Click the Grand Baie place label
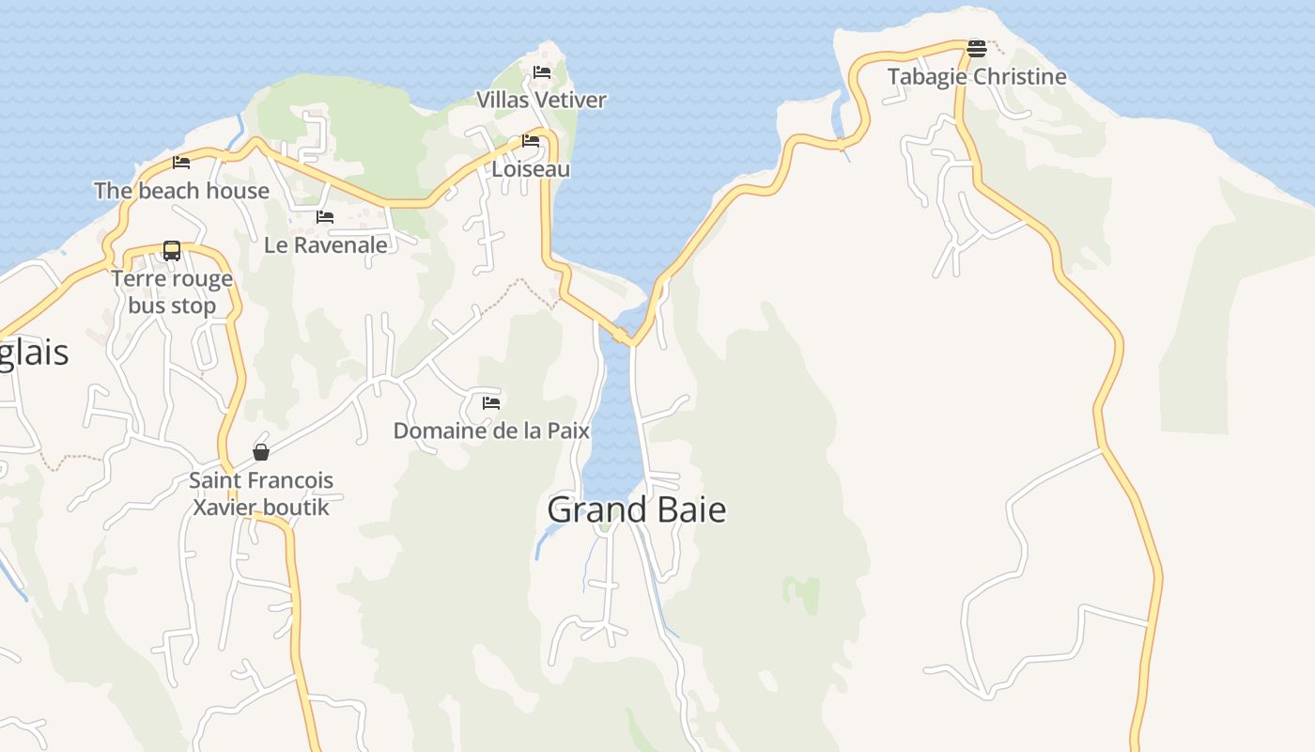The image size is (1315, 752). (636, 509)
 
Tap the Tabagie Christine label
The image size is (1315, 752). (977, 77)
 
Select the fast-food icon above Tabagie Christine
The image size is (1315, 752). (977, 49)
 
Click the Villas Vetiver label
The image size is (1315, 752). (541, 100)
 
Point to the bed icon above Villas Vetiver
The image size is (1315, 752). (542, 71)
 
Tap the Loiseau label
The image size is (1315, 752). (531, 169)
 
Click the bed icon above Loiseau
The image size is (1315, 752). (531, 141)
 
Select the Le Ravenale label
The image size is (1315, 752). (326, 245)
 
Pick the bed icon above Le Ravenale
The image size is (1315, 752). (325, 216)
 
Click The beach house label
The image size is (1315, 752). (181, 191)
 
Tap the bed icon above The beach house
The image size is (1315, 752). (181, 162)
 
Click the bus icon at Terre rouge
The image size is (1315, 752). (172, 251)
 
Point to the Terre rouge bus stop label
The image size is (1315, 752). (172, 292)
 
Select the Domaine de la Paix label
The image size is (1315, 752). (491, 431)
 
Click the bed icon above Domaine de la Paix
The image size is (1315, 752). (490, 403)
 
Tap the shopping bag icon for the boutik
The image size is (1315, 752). (261, 452)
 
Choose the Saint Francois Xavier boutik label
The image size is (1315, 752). (261, 493)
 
